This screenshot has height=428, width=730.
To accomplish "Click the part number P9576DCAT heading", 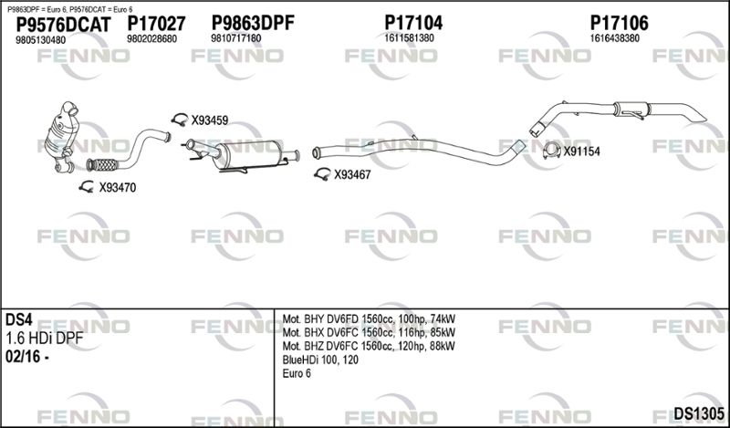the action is [x=63, y=25].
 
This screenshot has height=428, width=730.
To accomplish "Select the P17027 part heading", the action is [x=156, y=24].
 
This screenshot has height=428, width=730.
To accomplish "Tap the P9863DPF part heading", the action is [x=253, y=22].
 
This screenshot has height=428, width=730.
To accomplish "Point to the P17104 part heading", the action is [x=413, y=22].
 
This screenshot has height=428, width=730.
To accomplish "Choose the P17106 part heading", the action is [x=620, y=22].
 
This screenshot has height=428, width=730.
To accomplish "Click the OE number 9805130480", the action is [x=40, y=40].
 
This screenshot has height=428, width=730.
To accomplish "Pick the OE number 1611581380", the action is [x=409, y=38].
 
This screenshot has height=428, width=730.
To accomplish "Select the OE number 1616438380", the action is [x=614, y=38].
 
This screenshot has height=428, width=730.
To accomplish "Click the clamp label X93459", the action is [x=210, y=120].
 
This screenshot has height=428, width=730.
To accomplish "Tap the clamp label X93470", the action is [x=118, y=188].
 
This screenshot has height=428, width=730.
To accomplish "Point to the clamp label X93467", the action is [x=352, y=175].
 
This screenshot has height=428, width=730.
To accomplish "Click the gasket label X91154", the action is [x=581, y=151].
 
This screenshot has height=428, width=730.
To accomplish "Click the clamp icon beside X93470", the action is [x=86, y=187].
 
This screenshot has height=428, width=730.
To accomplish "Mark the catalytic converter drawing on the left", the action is [x=63, y=137].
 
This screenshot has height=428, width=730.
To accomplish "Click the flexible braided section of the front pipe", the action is [x=102, y=164].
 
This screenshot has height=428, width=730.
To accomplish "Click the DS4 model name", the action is [x=18, y=320].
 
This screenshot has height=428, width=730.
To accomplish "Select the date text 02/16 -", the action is [x=26, y=357].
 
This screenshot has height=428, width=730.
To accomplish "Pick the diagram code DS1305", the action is [x=699, y=412].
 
